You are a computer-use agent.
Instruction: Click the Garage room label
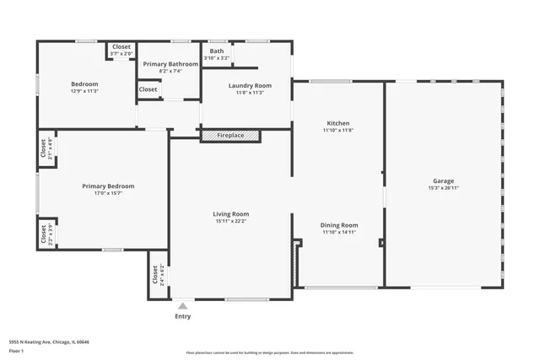click(443, 181)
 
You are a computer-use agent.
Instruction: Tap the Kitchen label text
click(337, 123)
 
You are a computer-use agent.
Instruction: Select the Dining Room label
click(340, 225)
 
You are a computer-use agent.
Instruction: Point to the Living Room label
click(230, 214)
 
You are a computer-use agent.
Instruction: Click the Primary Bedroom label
click(108, 186)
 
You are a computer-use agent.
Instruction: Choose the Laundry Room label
click(250, 85)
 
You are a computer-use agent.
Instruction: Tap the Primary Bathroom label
click(169, 64)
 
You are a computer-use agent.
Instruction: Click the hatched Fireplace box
click(230, 136)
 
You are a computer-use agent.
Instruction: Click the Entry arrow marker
click(182, 305)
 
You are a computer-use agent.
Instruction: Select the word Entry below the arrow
click(182, 317)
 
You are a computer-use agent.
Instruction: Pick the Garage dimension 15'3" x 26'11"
click(443, 189)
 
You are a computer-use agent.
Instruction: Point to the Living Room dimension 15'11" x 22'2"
click(230, 222)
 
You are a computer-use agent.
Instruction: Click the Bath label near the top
click(217, 51)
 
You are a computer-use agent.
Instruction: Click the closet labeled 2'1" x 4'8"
click(45, 148)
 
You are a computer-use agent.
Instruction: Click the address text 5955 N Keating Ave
click(49, 342)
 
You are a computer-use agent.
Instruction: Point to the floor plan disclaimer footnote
click(269, 353)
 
